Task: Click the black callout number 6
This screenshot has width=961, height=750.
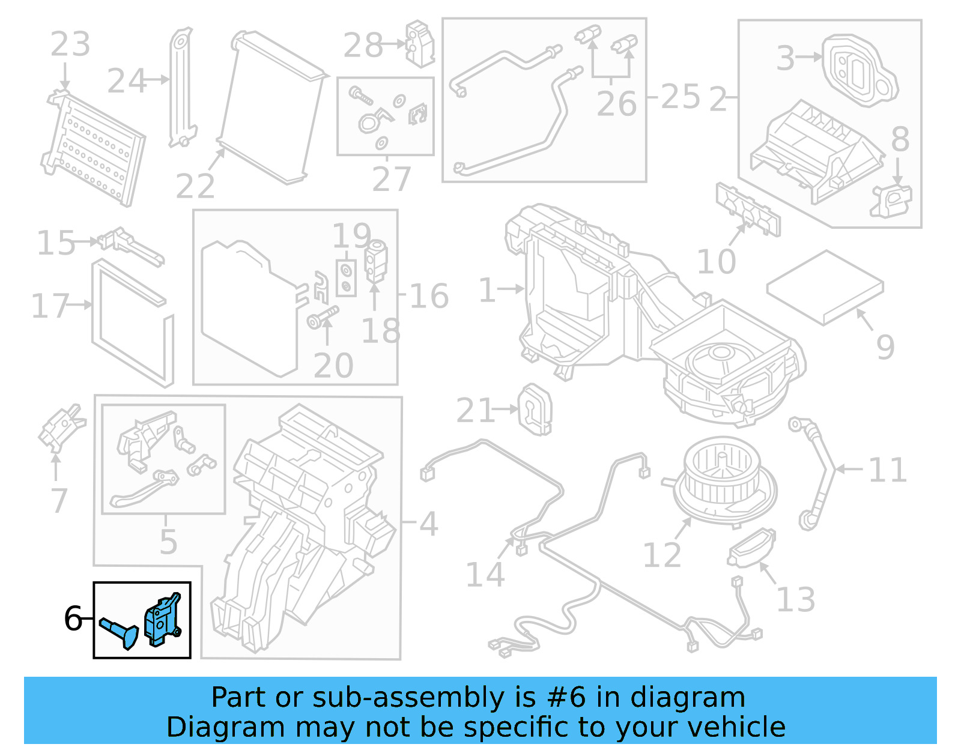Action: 73,618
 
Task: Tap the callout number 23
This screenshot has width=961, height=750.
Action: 70,44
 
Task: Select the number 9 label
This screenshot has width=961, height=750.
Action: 885,347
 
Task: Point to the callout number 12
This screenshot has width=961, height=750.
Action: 662,555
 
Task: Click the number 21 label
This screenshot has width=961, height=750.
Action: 475,411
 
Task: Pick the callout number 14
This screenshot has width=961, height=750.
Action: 485,575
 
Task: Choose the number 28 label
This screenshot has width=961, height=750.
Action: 363,46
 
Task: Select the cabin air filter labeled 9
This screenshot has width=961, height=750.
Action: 825,287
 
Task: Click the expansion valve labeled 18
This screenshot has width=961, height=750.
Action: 377,261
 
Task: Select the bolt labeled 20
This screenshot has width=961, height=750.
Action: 323,316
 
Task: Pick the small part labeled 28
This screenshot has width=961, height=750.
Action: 420,43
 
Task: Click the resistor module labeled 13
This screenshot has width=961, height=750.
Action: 751,548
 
